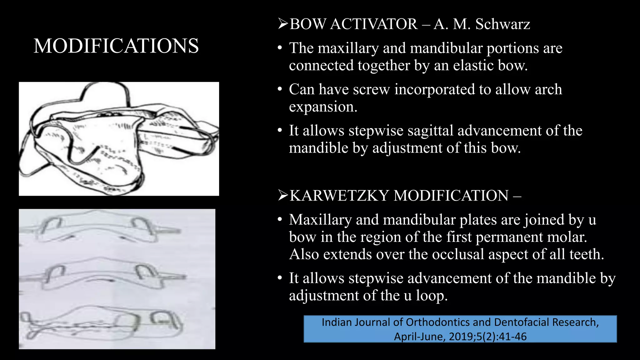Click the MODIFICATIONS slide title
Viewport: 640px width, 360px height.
pos(116,46)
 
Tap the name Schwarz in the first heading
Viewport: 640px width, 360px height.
pos(502,24)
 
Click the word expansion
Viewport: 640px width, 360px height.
pos(323,107)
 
